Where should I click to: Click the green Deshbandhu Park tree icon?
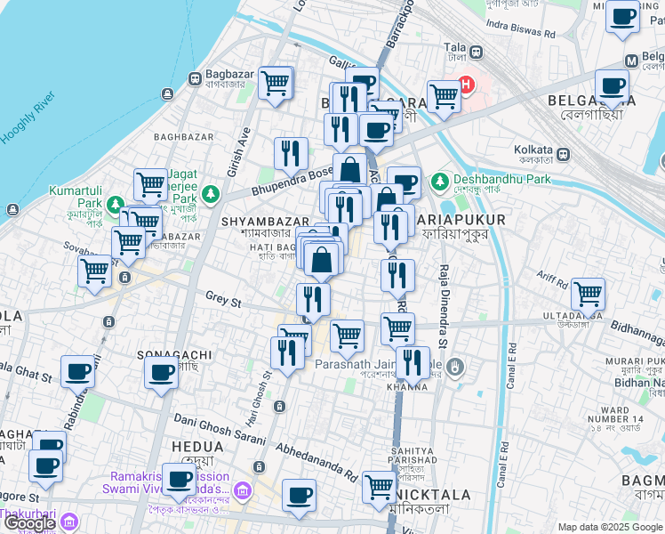pyautogui.click(x=438, y=182)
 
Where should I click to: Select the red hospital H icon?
pyautogui.click(x=465, y=87)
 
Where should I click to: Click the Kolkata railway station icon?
pyautogui.click(x=563, y=154)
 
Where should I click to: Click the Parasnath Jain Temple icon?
pyautogui.click(x=456, y=366)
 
